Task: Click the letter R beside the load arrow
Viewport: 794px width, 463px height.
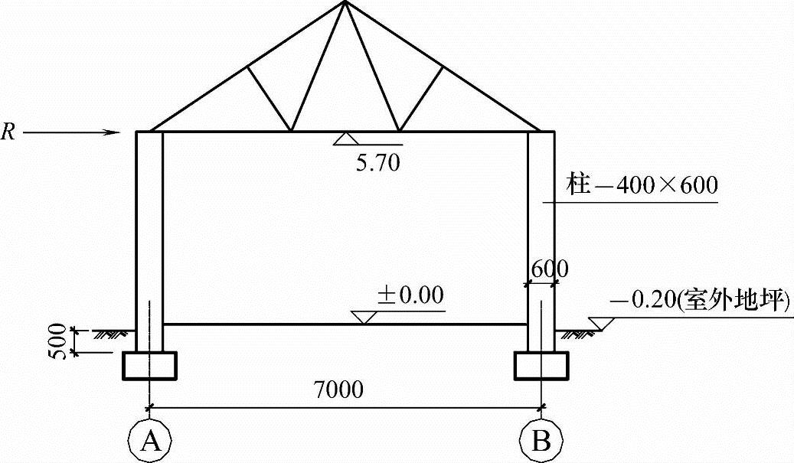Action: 8,132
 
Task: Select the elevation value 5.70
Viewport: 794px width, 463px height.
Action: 378,162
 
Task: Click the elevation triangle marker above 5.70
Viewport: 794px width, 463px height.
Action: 344,139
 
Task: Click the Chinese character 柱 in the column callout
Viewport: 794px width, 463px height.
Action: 577,185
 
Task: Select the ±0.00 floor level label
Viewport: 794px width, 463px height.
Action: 410,295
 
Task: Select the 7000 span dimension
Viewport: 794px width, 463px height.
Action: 338,389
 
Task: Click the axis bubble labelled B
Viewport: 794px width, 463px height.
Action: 541,441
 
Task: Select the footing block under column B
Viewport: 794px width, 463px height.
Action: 541,365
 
